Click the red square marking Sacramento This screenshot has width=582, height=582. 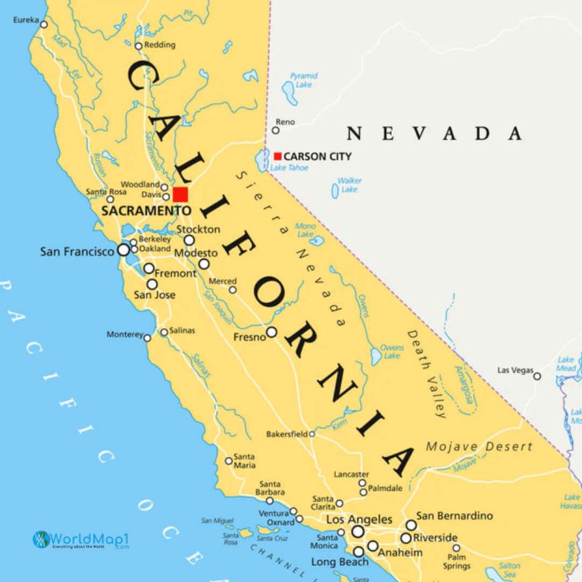coord(180,194)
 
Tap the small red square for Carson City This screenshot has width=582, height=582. coord(277,156)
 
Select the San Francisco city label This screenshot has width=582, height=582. coord(77,251)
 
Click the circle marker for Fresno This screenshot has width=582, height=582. coord(271,332)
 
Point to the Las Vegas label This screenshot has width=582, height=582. coord(515,370)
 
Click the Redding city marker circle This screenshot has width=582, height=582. coord(138,45)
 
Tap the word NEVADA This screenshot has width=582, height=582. coord(434,134)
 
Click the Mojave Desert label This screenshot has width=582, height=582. coord(479,446)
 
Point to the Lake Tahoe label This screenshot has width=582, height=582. coord(289,167)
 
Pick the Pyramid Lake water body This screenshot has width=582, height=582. coord(288,92)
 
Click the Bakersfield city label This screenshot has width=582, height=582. coord(286,434)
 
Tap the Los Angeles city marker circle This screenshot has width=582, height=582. coord(358,531)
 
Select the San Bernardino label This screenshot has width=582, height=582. coord(454,516)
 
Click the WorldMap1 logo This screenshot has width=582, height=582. coord(80,540)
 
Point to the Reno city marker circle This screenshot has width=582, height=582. coord(276,130)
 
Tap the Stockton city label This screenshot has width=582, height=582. coord(198,229)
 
